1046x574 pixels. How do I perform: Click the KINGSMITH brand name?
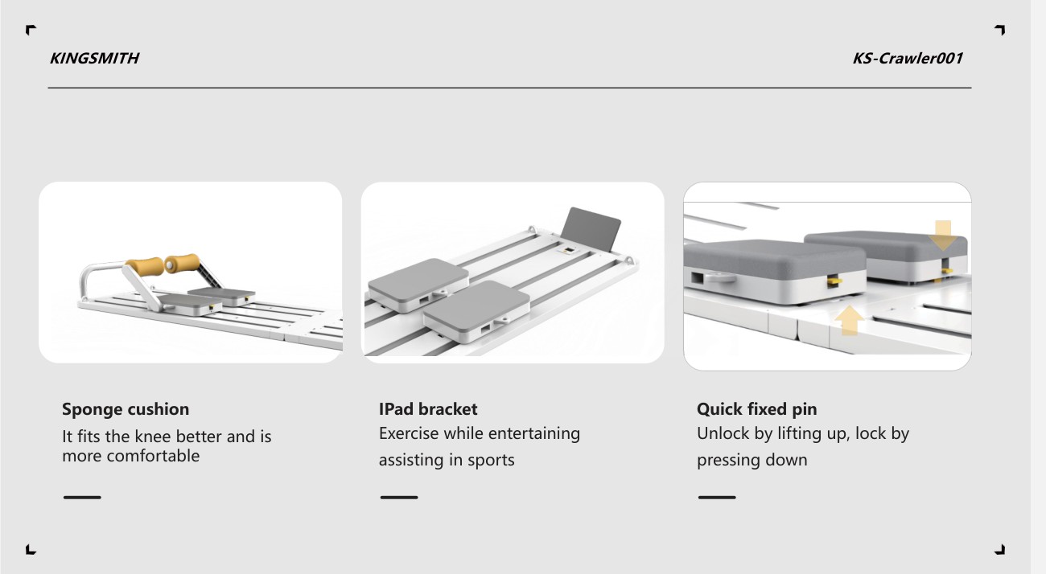pyautogui.click(x=94, y=59)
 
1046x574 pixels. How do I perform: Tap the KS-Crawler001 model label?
pyautogui.click(x=908, y=59)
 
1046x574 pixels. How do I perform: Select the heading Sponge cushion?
pyautogui.click(x=126, y=409)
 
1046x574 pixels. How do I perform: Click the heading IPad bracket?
pyautogui.click(x=428, y=409)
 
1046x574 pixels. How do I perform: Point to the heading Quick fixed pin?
pyautogui.click(x=756, y=409)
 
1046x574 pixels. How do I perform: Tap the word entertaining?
pyautogui.click(x=534, y=433)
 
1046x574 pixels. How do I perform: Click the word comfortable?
pyautogui.click(x=153, y=456)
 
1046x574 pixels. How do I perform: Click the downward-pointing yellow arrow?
pyautogui.click(x=943, y=236)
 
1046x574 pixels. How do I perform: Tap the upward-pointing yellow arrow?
pyautogui.click(x=849, y=320)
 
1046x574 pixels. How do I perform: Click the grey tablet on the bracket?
pyautogui.click(x=591, y=230)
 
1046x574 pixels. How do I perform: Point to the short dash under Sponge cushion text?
pyautogui.click(x=82, y=498)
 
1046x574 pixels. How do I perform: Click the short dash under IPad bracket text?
pyautogui.click(x=399, y=498)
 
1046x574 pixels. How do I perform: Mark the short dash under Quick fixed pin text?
pyautogui.click(x=717, y=498)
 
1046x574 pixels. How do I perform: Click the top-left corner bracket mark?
pyautogui.click(x=29, y=28)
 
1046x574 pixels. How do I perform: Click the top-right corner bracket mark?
pyautogui.click(x=1002, y=28)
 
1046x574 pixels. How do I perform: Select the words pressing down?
pyautogui.click(x=752, y=461)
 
